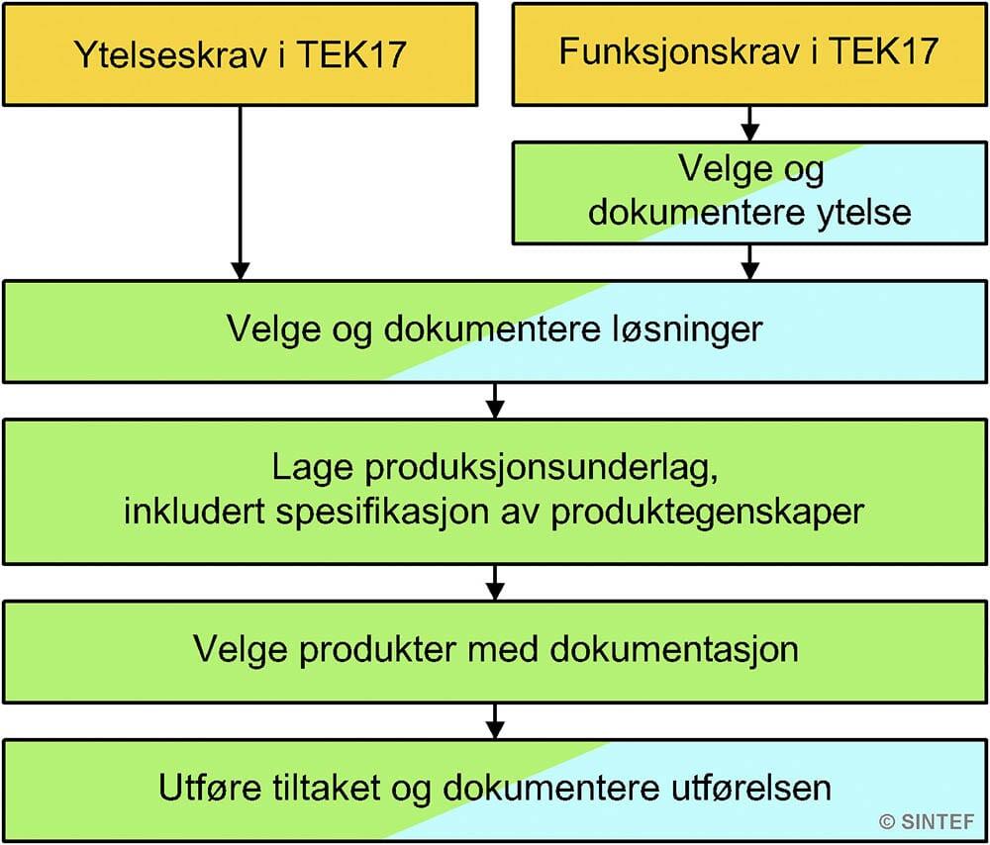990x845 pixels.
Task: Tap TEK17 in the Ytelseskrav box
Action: pyautogui.click(x=351, y=53)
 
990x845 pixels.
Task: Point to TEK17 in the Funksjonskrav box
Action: pyautogui.click(x=883, y=50)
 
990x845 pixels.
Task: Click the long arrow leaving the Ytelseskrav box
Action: pyautogui.click(x=240, y=193)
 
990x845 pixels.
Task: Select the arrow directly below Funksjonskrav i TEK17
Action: pyautogui.click(x=749, y=124)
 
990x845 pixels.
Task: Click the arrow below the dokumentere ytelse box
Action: pyautogui.click(x=749, y=262)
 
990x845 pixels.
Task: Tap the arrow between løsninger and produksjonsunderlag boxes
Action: pyautogui.click(x=495, y=400)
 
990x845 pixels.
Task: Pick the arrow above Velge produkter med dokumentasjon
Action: pyautogui.click(x=495, y=583)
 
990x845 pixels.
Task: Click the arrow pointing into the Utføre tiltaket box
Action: pyautogui.click(x=495, y=721)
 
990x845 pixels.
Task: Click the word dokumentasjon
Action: pyautogui.click(x=674, y=649)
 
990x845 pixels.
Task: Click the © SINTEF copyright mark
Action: pyautogui.click(x=927, y=821)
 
